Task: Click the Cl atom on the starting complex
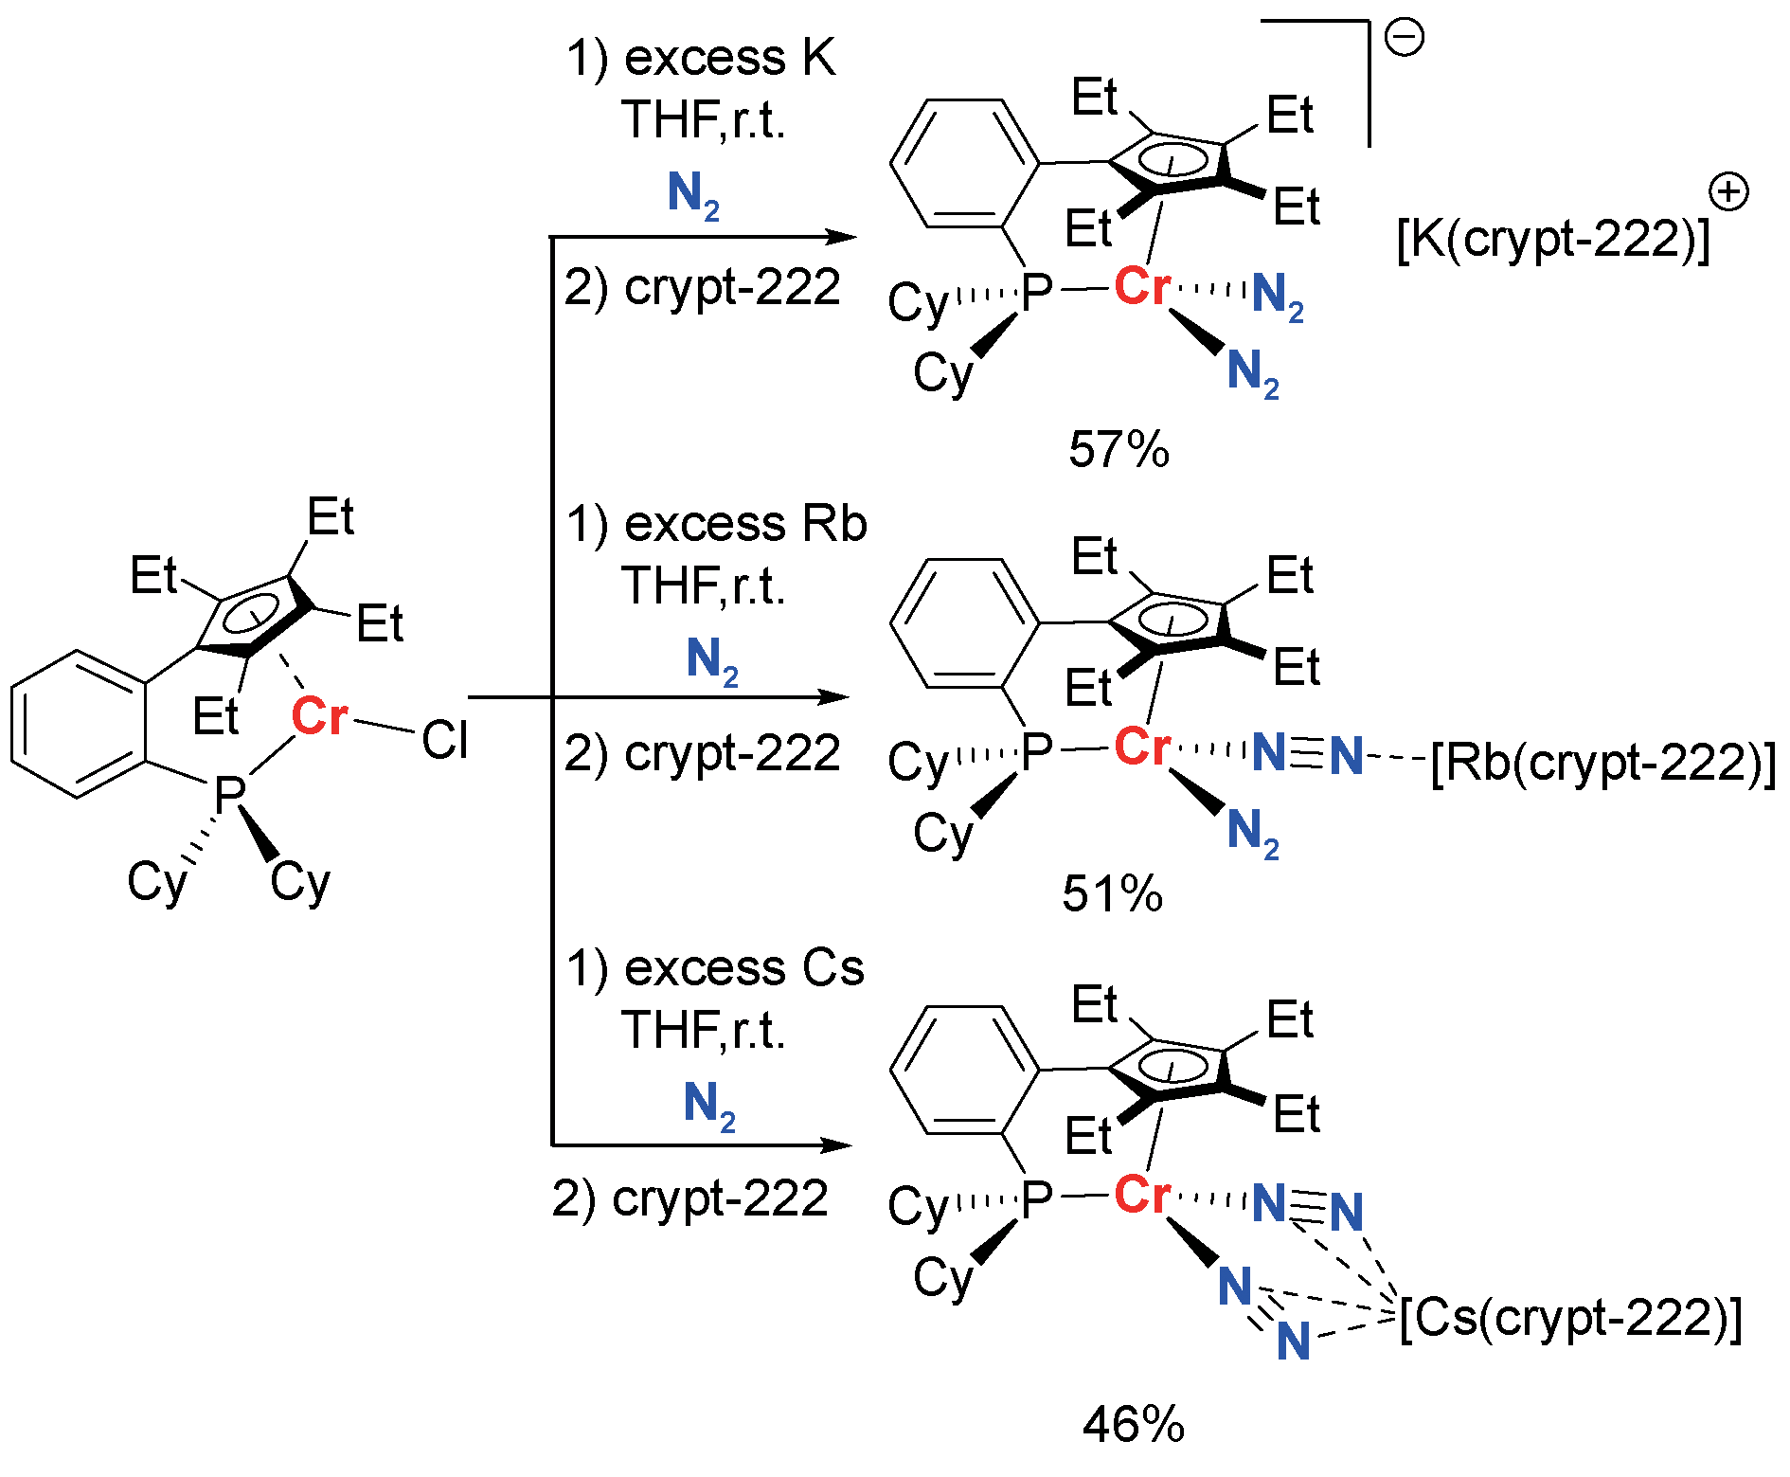click(444, 740)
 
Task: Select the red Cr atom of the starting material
click(319, 716)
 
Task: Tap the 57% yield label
click(1119, 449)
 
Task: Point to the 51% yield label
click(1112, 893)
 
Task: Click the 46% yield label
click(1133, 1424)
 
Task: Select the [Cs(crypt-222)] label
click(1570, 1318)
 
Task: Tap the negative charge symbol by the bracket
click(1404, 38)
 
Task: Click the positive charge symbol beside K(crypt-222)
click(1728, 193)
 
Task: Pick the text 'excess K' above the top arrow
click(729, 59)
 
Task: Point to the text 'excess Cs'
click(743, 968)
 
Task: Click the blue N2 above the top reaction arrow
click(693, 195)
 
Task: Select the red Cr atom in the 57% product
click(1142, 286)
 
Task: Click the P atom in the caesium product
click(1037, 1199)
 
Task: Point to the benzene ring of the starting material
click(79, 724)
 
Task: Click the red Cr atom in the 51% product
click(1142, 747)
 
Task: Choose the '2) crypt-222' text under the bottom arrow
click(689, 1198)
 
